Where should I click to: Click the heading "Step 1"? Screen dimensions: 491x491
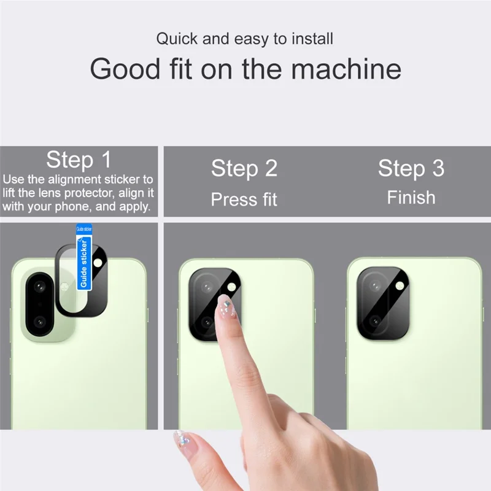pos(79,160)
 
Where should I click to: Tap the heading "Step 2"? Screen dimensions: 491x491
pos(244,168)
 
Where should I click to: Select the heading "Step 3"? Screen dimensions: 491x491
pos(411,168)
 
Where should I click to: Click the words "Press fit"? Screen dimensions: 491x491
pos(244,199)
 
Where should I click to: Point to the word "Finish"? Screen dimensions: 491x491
pos(411,198)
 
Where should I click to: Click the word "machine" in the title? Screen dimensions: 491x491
pos(346,69)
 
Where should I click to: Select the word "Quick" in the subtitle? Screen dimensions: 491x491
pos(176,39)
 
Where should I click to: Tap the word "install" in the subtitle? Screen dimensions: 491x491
pos(312,39)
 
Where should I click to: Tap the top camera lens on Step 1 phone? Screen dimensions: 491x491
pos(40,287)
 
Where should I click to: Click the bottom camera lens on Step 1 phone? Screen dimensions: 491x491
pos(40,322)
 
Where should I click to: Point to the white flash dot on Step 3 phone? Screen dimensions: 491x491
pos(401,285)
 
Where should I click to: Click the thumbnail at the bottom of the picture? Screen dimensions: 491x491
pos(182,439)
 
